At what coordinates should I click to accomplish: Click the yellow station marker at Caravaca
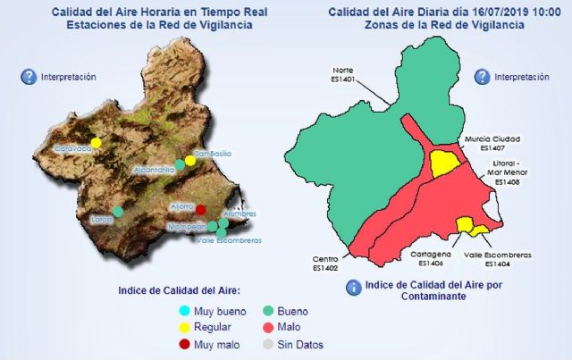pos(97,141)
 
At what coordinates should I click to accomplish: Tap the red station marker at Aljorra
pos(201,211)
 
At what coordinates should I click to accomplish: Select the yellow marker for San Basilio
pos(190,162)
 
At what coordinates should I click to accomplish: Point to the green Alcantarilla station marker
pos(180,164)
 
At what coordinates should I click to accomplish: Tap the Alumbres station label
pos(240,214)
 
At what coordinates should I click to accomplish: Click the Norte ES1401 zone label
pos(343,74)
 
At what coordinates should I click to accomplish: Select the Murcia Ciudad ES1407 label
pos(492,144)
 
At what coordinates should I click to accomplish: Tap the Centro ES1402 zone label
pos(325,262)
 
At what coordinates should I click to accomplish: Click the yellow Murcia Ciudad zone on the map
pos(443,163)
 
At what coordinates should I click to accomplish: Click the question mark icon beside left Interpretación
pos(29,77)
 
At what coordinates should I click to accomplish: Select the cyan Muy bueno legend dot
pos(184,312)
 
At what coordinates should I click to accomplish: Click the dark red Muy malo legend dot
pos(184,344)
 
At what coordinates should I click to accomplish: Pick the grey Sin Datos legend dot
pos(268,344)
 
